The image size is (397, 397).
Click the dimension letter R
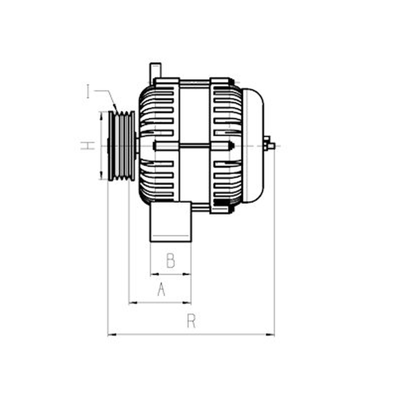point(192,321)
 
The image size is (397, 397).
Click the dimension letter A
point(161,289)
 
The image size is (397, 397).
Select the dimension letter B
point(171,261)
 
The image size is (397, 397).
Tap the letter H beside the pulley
point(88,145)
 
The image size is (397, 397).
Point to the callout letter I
point(88,91)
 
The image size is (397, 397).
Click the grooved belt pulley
point(122,146)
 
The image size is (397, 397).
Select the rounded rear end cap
point(253,145)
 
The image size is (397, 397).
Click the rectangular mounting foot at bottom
point(171,222)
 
